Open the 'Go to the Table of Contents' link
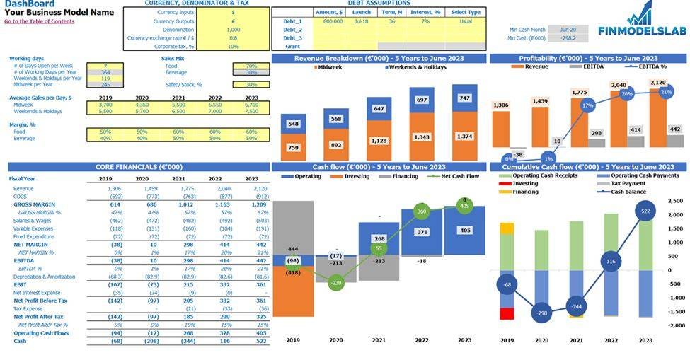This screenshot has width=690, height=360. click(x=39, y=21)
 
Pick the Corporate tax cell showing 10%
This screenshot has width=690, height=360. click(x=234, y=46)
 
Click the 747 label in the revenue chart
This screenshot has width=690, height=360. click(x=464, y=98)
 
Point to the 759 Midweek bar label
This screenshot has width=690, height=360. click(x=293, y=148)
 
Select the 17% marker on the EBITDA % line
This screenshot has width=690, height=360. click(x=587, y=105)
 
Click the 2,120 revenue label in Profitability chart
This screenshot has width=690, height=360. click(x=657, y=82)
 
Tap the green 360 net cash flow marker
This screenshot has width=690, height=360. click(x=422, y=211)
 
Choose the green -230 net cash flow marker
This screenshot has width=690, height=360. click(x=336, y=283)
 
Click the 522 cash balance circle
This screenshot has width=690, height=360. click(x=645, y=211)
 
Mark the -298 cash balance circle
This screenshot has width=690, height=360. click(x=542, y=313)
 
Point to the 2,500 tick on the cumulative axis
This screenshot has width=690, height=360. click(x=676, y=201)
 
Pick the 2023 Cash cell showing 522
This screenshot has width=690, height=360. click(x=251, y=341)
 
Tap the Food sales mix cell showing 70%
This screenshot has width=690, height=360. click(x=251, y=66)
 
